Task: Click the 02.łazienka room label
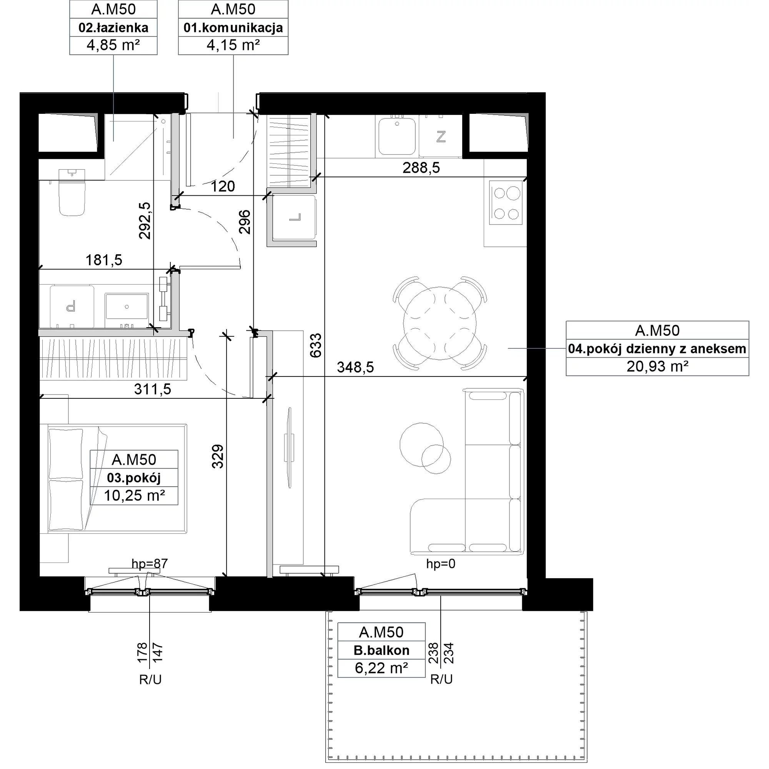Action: [113, 27]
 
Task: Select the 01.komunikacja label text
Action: [233, 27]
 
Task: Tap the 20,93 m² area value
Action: [657, 366]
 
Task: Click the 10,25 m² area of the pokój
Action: [135, 496]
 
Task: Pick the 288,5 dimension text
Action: [421, 168]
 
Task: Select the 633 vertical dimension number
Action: [315, 346]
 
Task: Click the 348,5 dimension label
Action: [355, 367]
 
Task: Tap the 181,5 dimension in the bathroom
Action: [104, 260]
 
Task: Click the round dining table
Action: [439, 323]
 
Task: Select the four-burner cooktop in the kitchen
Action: [506, 203]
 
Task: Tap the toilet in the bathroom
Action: [72, 192]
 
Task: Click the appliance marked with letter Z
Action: [441, 136]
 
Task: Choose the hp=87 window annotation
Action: [150, 564]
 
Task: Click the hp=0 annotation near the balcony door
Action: [441, 564]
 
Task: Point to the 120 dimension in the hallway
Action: [223, 186]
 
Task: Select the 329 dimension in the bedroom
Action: [217, 456]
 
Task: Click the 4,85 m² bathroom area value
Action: [113, 45]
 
